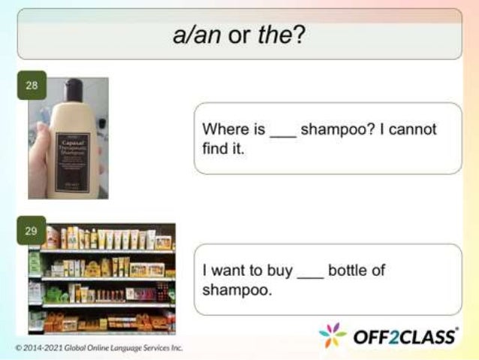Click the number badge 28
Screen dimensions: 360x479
coord(31,85)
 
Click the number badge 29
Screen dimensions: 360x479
coord(31,231)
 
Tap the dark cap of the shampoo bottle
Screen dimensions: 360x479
coord(73,89)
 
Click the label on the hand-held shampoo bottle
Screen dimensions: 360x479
coord(71,146)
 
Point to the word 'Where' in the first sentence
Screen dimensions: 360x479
coord(223,129)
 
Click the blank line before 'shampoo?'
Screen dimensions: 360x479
coord(282,134)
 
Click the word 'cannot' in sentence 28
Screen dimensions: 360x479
coord(412,129)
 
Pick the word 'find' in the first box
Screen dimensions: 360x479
coord(215,148)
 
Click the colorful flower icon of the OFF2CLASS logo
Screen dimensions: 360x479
coord(333,336)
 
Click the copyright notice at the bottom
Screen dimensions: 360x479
coord(98,348)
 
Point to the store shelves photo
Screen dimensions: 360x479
coord(101,278)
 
